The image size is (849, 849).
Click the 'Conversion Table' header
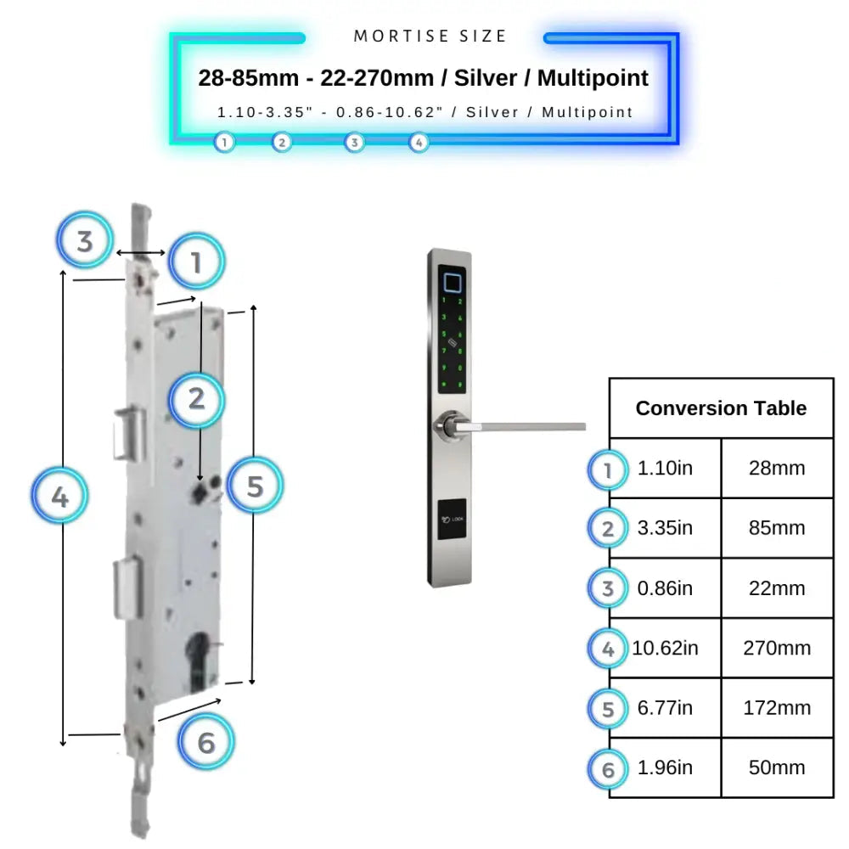[721, 408]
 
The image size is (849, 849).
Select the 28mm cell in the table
[777, 469]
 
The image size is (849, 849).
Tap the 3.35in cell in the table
[665, 528]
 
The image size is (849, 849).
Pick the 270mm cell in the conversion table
[777, 648]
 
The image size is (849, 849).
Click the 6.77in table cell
[665, 707]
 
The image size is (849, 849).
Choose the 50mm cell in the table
[777, 767]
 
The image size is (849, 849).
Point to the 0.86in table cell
[665, 588]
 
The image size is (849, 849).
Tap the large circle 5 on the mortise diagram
[255, 486]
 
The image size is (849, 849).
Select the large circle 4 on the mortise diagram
[59, 497]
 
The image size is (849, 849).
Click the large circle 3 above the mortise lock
[85, 241]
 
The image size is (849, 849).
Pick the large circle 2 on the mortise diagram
[196, 398]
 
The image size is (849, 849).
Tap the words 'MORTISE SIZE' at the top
[430, 37]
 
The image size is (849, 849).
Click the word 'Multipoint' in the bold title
[593, 78]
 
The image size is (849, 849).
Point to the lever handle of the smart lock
[526, 424]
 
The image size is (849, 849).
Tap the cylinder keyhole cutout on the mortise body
[201, 662]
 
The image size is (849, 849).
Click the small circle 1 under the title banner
[224, 143]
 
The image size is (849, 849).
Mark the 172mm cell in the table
[777, 707]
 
